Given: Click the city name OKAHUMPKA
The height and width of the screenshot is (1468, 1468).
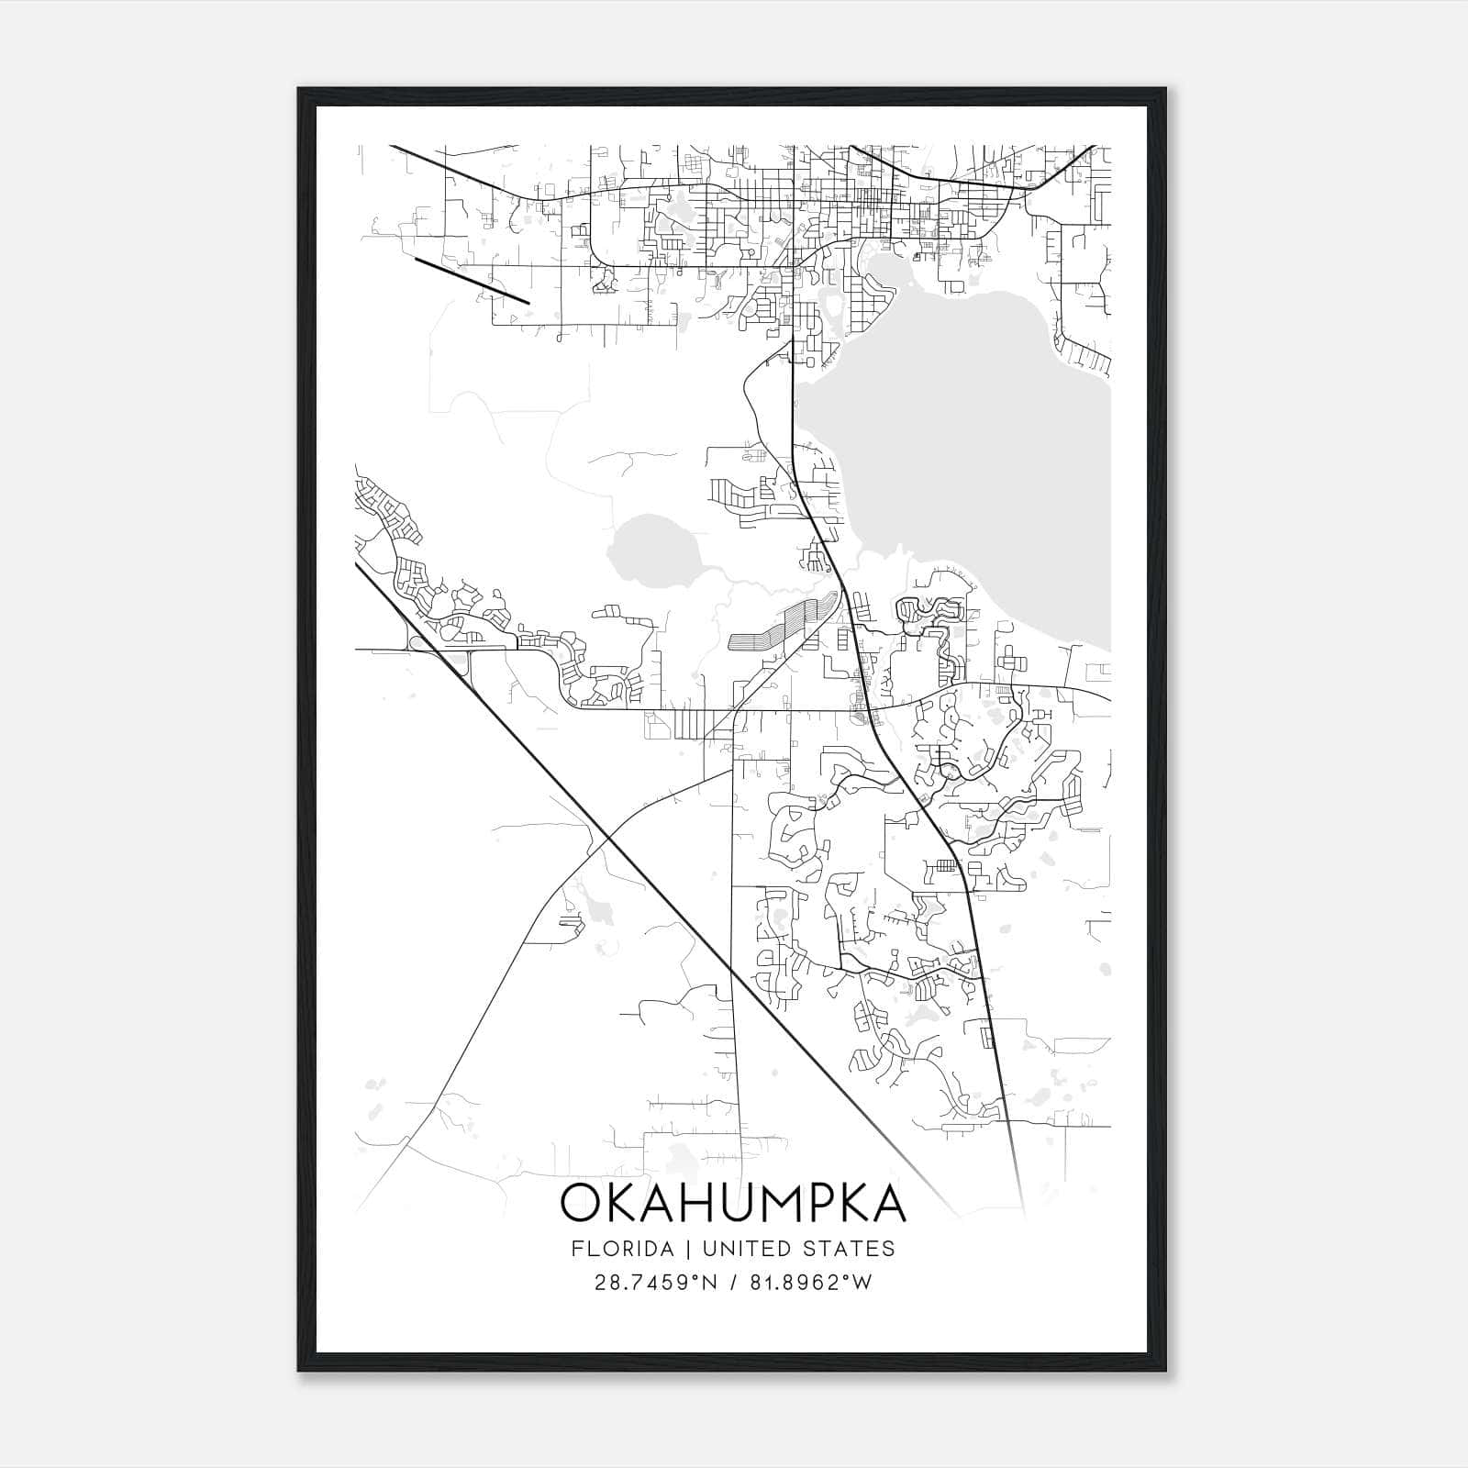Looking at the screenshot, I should tap(732, 1204).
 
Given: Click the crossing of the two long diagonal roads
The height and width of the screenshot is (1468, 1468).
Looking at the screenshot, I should tap(606, 836).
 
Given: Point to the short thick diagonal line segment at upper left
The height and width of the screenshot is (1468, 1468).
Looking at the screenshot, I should tap(472, 280).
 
